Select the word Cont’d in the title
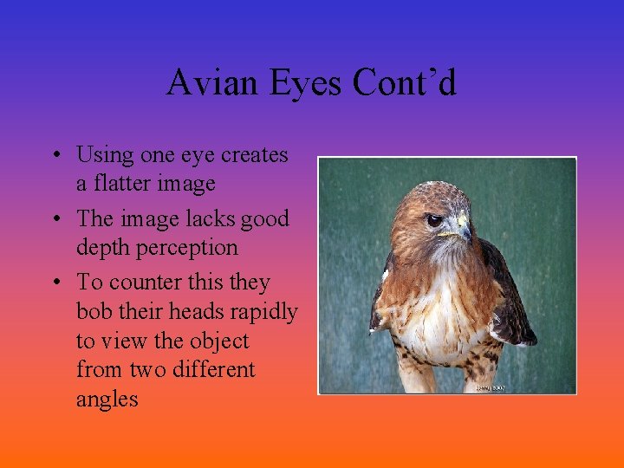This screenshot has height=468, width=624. [x=405, y=83]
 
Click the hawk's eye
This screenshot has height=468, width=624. [x=434, y=220]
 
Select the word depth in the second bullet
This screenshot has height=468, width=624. [x=101, y=247]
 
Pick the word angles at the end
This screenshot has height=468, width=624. [x=107, y=400]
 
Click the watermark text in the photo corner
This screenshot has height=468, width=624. [x=489, y=387]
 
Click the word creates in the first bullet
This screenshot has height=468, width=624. [x=255, y=155]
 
